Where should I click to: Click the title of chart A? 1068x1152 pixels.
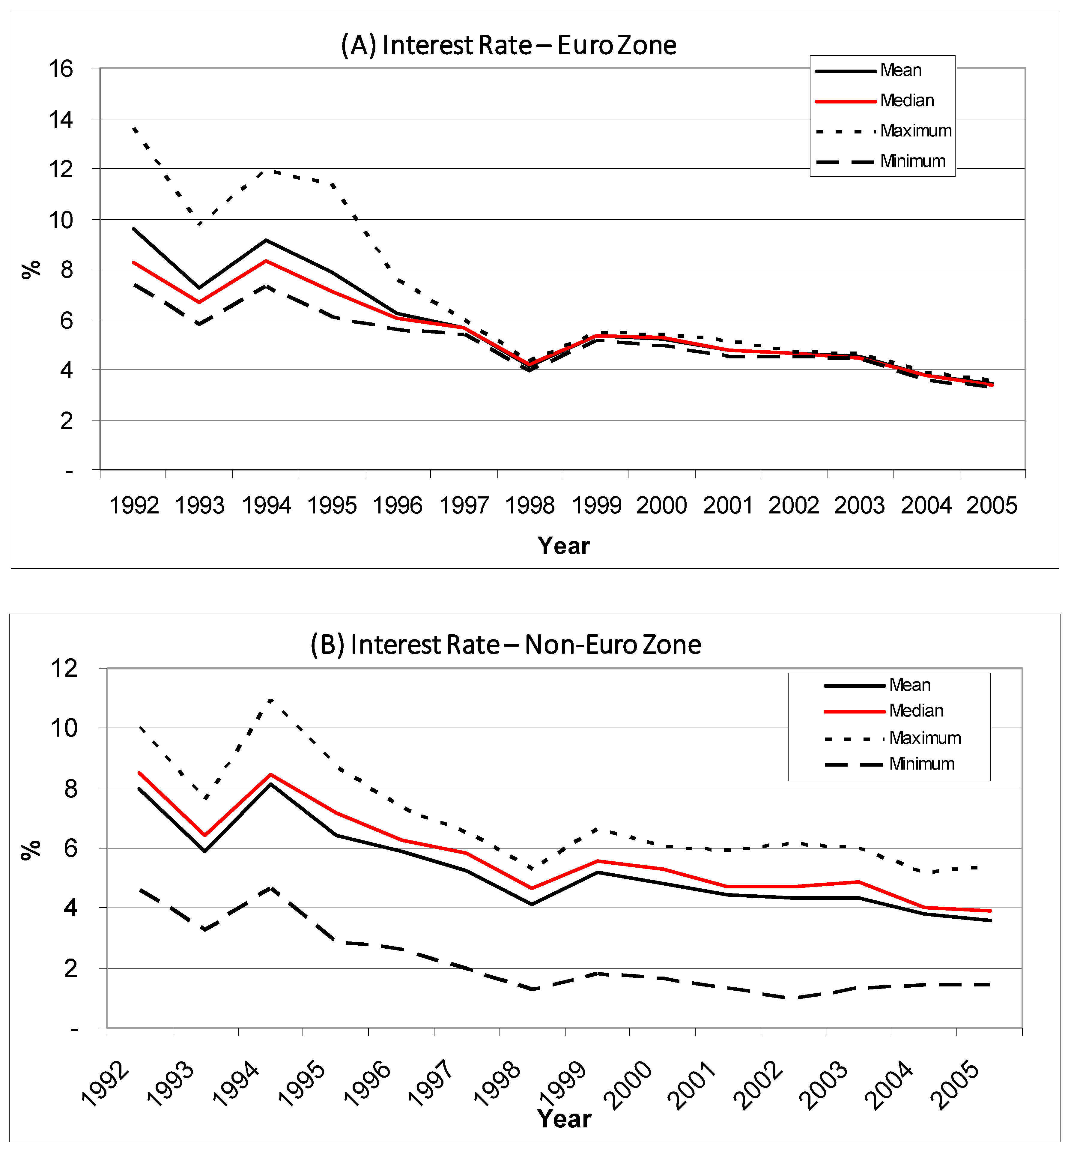coord(509,45)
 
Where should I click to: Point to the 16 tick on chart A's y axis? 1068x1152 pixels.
coord(61,69)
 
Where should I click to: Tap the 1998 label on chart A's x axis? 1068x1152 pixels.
coord(530,506)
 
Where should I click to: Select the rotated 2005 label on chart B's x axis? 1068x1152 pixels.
coord(958,1085)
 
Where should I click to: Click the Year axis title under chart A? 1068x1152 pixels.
coord(563,546)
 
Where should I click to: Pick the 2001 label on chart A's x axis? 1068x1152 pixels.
coord(728,506)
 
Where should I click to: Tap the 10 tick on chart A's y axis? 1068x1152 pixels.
coord(61,220)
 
